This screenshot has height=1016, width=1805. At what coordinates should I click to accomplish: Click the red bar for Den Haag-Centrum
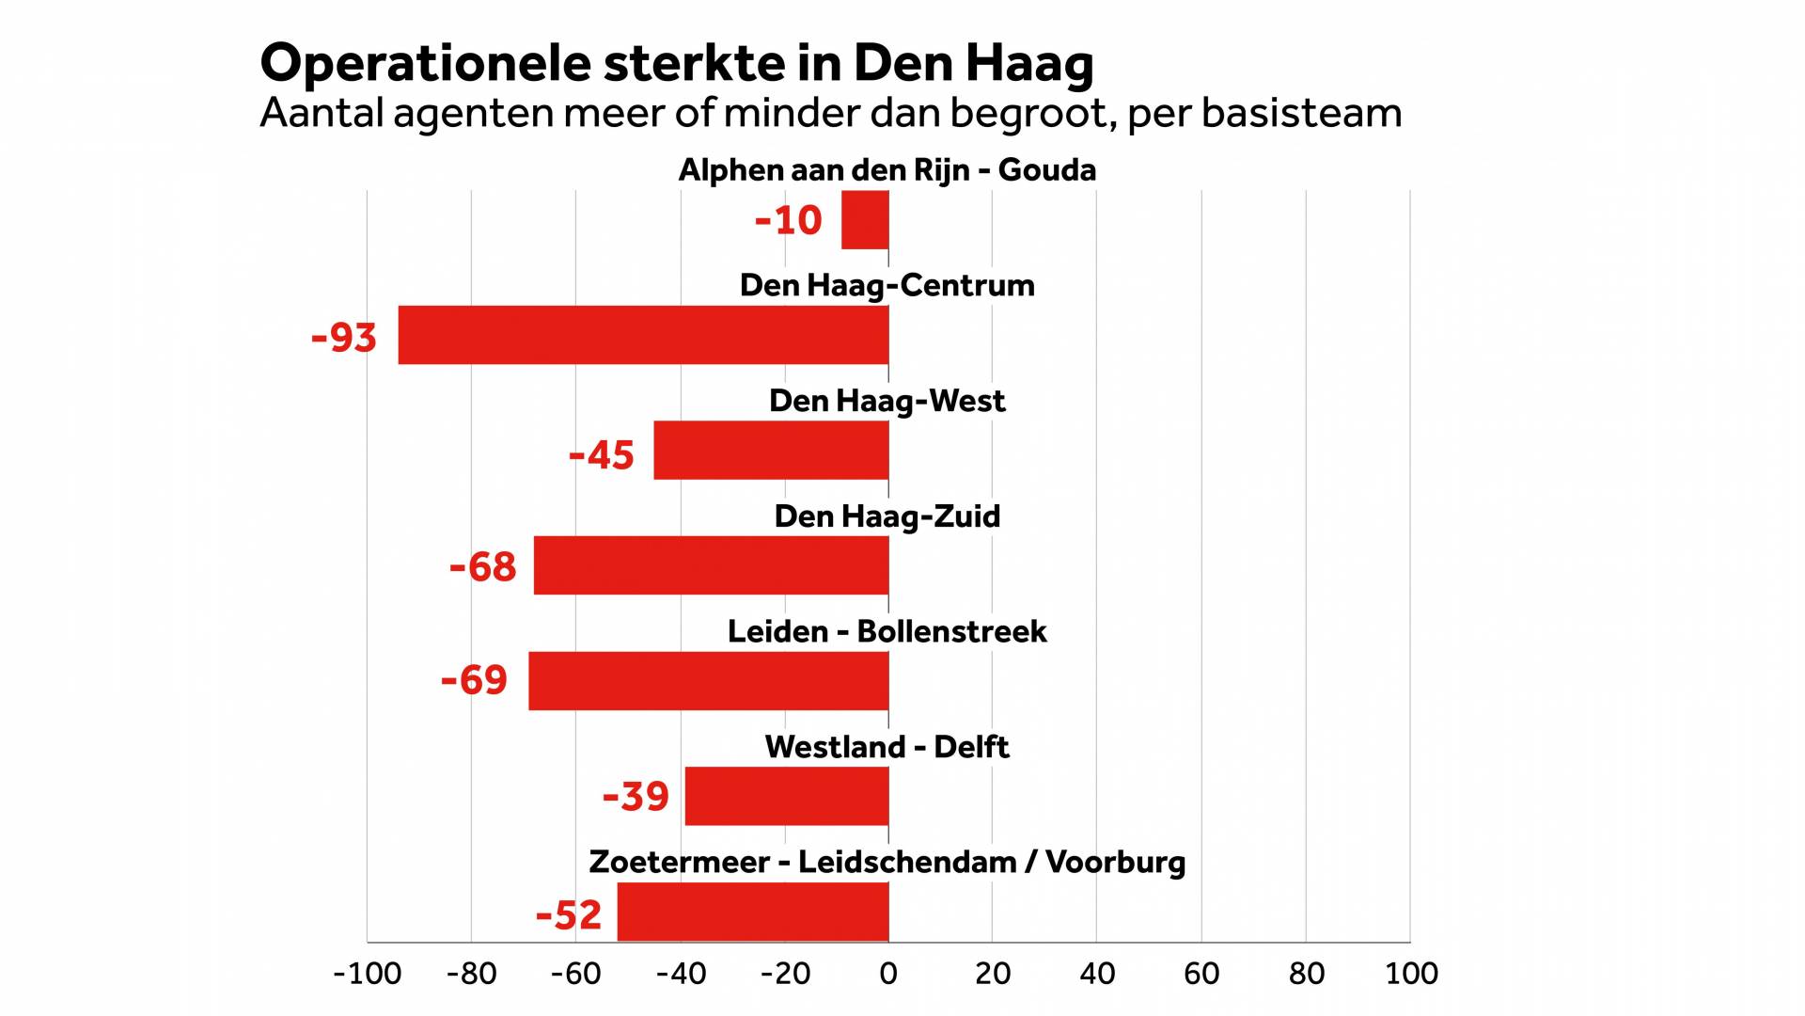point(643,335)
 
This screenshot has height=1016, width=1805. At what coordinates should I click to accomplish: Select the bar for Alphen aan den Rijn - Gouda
point(865,220)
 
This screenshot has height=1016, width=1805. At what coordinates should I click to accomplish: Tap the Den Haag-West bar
point(771,451)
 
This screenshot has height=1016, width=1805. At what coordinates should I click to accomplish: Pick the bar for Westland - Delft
point(787,796)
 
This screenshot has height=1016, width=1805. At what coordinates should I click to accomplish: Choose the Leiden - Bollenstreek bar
point(708,680)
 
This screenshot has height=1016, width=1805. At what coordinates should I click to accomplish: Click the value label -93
point(344,338)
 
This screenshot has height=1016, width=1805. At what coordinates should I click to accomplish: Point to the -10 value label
point(788,221)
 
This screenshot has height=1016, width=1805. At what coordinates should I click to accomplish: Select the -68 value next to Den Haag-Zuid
point(482,567)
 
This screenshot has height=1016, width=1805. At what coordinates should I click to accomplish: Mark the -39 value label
point(636,797)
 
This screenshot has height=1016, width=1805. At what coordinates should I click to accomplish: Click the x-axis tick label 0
point(888,974)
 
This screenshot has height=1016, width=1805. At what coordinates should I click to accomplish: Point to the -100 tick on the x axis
point(367,974)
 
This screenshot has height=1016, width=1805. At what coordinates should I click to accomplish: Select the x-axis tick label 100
point(1411,974)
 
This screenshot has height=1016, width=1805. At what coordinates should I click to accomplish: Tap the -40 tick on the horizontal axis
point(681,974)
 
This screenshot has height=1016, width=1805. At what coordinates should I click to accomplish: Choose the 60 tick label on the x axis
point(1201,974)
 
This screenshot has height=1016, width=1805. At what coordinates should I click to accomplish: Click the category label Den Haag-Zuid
point(887,516)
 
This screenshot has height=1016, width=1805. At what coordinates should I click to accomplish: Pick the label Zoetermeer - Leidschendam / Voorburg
point(887,863)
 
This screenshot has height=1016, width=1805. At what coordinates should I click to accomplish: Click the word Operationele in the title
point(425,64)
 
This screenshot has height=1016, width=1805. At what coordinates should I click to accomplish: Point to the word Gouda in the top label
point(1046,170)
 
